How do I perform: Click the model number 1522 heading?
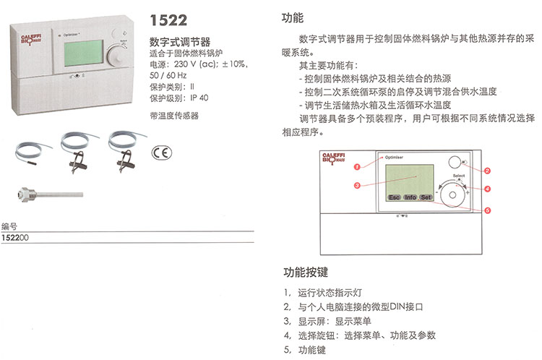click(x=168, y=20)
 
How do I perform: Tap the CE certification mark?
click(x=161, y=153)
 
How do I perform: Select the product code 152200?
click(x=15, y=238)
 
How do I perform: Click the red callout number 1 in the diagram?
click(x=357, y=167)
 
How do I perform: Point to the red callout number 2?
click(x=487, y=171)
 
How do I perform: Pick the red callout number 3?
click(x=357, y=185)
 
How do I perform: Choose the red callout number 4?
click(x=487, y=189)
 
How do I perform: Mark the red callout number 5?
click(x=487, y=210)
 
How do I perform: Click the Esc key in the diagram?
click(x=394, y=197)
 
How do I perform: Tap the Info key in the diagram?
click(x=410, y=197)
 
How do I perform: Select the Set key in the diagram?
click(x=426, y=197)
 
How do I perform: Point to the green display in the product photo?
click(x=84, y=53)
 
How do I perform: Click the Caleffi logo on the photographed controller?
click(x=31, y=40)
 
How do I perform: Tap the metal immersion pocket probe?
click(x=51, y=194)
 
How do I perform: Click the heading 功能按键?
click(x=306, y=272)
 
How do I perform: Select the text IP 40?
click(x=199, y=98)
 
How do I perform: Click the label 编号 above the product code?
click(x=9, y=226)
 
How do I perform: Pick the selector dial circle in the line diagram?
click(x=452, y=194)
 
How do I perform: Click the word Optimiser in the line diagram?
click(x=394, y=158)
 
